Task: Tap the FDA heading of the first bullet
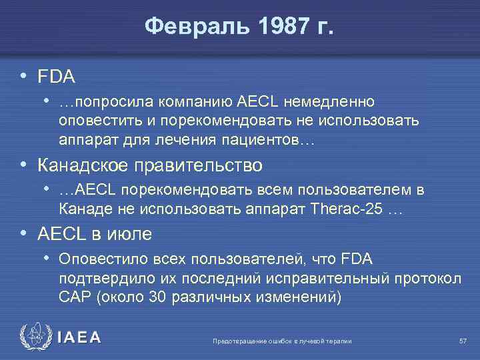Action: (56, 77)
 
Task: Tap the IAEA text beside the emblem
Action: (79, 337)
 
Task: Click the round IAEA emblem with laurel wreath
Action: (35, 337)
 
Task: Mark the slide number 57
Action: (463, 341)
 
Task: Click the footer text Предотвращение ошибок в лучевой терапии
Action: (281, 341)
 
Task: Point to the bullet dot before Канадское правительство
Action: (24, 164)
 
